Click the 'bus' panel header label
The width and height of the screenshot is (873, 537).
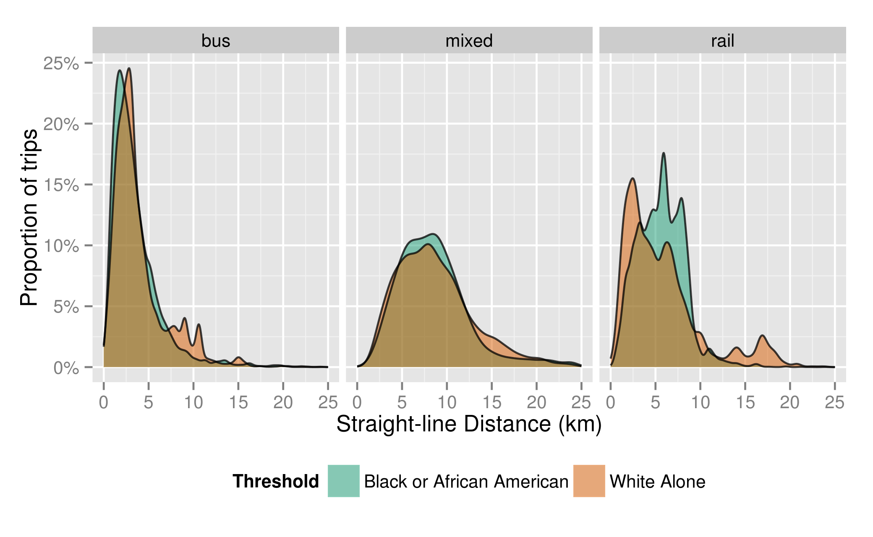(x=216, y=41)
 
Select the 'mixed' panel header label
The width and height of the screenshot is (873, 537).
(x=469, y=41)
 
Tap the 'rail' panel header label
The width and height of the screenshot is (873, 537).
(x=722, y=41)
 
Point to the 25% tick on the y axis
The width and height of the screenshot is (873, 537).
(x=61, y=63)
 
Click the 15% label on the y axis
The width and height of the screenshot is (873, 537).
(x=61, y=185)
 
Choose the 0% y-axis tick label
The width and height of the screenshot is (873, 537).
(x=66, y=368)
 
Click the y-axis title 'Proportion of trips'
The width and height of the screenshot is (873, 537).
(x=29, y=217)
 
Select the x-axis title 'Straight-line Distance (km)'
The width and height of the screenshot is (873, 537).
(x=469, y=424)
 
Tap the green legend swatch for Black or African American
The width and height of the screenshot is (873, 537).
(x=343, y=481)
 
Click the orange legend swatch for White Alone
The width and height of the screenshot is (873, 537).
(x=589, y=481)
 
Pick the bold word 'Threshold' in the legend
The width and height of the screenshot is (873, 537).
(x=276, y=481)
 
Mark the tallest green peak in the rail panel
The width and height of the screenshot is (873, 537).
(x=664, y=153)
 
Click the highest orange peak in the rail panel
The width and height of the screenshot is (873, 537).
(x=633, y=179)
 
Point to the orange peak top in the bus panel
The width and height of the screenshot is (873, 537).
(x=129, y=68)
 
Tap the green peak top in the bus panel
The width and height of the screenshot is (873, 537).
(x=120, y=70)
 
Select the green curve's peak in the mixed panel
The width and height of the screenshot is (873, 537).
(x=433, y=234)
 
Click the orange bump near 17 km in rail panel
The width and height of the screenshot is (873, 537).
(x=762, y=336)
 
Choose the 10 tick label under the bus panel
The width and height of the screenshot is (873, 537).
(x=193, y=402)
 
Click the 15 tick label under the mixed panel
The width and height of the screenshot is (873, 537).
(x=491, y=402)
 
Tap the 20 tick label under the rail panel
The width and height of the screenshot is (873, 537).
(x=789, y=402)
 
